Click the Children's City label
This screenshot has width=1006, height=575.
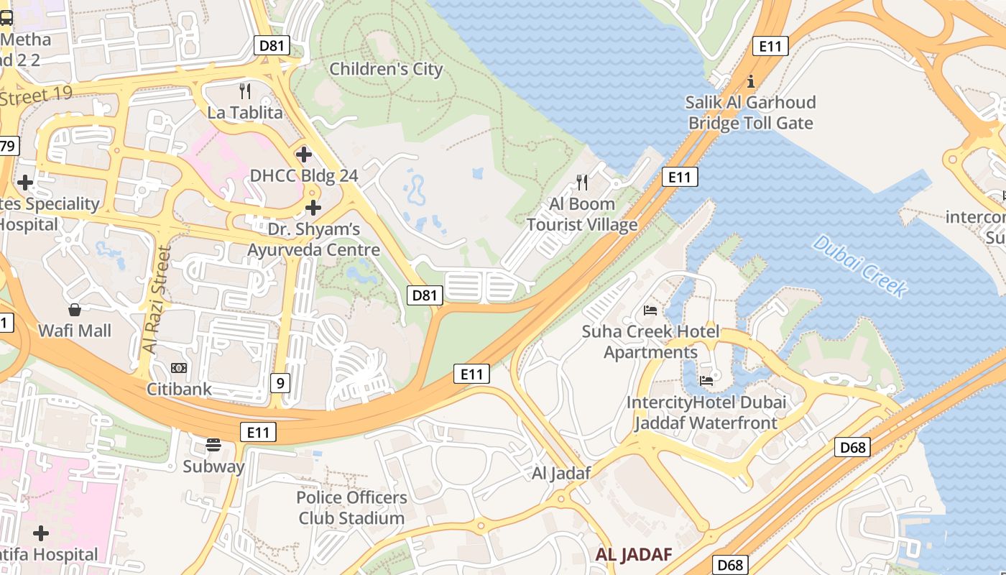(386, 70)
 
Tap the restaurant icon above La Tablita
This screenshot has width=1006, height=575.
(245, 91)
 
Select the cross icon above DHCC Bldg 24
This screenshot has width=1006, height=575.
(303, 154)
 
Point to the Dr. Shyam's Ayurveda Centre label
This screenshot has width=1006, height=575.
(314, 240)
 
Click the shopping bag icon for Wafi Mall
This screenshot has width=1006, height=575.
(75, 310)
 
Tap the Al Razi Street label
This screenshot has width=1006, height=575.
(157, 299)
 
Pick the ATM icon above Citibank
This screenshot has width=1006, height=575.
(179, 368)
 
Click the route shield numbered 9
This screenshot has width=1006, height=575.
(280, 383)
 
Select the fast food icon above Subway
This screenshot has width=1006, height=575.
(213, 445)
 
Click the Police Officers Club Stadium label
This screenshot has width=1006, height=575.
(351, 507)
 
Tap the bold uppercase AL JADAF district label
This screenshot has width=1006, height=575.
(634, 555)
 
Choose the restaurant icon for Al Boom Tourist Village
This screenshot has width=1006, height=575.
(582, 183)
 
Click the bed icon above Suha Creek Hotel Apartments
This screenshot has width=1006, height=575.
(650, 310)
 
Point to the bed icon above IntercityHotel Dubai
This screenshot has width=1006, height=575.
(706, 380)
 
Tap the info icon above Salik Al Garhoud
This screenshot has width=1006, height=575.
(751, 80)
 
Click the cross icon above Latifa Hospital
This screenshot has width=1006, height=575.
(41, 533)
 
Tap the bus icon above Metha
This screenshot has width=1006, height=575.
(6, 18)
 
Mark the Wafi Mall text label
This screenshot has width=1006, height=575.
(75, 331)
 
